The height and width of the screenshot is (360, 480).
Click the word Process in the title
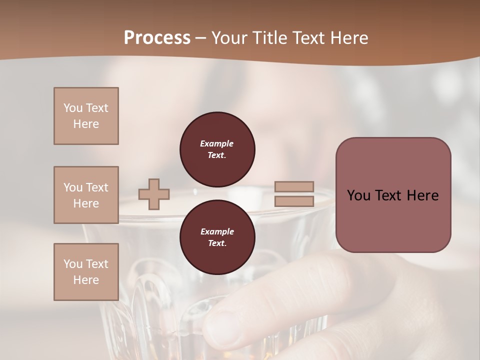(x=157, y=38)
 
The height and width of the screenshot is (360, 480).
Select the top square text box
(x=86, y=116)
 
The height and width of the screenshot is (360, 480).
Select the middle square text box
(x=86, y=195)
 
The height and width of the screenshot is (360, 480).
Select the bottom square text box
(x=86, y=272)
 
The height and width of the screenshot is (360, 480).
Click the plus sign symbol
(x=154, y=194)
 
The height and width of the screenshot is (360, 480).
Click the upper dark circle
(x=217, y=149)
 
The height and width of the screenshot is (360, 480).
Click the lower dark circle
(x=217, y=237)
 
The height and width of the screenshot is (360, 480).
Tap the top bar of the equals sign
(x=294, y=186)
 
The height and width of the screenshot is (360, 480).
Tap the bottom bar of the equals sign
(x=294, y=201)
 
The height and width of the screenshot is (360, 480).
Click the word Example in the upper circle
(x=217, y=143)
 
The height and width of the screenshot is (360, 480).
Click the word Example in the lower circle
(x=217, y=231)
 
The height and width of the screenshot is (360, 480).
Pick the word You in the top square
(x=72, y=108)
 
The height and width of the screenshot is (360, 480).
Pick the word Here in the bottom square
(x=86, y=280)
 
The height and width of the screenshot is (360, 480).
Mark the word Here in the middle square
(x=86, y=203)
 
